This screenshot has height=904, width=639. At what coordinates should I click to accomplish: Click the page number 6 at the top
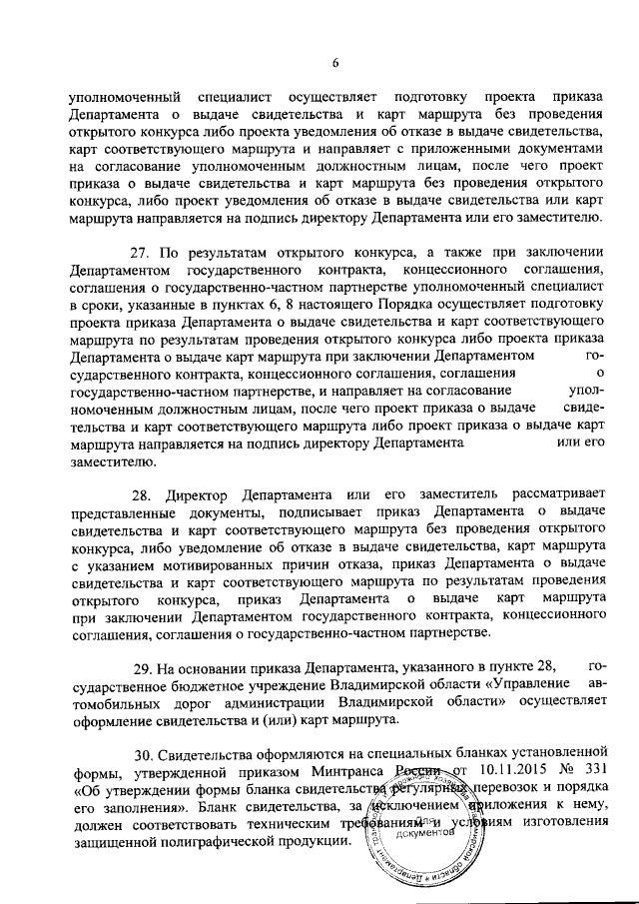[336, 63]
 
